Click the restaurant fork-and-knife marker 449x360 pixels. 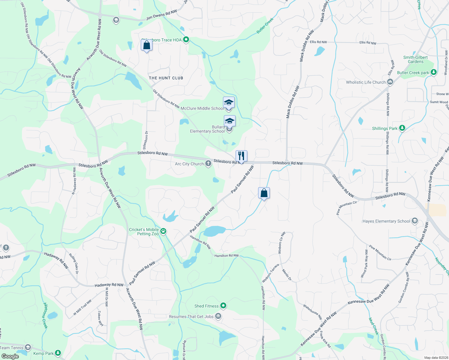[x=241, y=156]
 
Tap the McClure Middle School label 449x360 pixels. [x=202, y=109]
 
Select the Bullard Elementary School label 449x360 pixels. [x=207, y=129]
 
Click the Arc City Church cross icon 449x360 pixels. [x=208, y=164]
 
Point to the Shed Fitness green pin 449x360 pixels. [x=223, y=306]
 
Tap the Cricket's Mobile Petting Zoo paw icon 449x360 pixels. [x=164, y=231]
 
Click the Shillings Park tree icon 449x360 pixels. [x=402, y=128]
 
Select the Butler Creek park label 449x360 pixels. [x=413, y=73]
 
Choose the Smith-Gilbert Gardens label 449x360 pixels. [x=415, y=59]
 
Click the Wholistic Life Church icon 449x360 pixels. [x=390, y=82]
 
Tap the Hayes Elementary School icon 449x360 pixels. [x=415, y=221]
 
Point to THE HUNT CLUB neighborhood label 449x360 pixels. [x=166, y=78]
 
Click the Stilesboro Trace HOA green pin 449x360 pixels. [x=186, y=40]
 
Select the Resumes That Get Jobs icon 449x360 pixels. [x=218, y=316]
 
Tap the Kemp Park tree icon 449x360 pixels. [x=58, y=353]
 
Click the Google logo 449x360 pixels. [x=10, y=356]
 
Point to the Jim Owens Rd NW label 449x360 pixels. [x=161, y=15]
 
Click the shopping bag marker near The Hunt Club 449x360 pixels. [x=146, y=45]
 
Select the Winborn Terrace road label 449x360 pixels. [x=270, y=273]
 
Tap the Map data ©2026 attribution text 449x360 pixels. [x=435, y=358]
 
